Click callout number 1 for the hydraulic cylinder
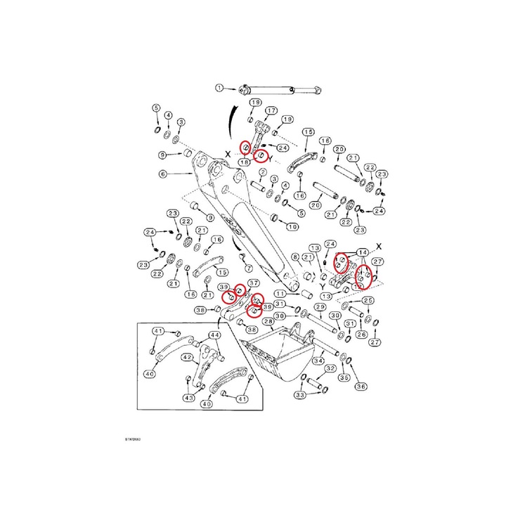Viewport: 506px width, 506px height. coord(219,88)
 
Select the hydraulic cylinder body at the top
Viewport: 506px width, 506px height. coord(281,89)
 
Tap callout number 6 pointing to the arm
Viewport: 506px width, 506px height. coord(162,174)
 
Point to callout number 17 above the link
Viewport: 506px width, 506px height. coord(271,110)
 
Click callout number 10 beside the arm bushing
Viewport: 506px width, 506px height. coord(292,226)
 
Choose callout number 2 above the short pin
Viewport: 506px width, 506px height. coord(261,172)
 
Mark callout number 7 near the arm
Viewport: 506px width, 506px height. coord(247,268)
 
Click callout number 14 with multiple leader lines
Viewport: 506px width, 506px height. coord(363,252)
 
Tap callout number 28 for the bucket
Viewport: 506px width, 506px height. coord(268,322)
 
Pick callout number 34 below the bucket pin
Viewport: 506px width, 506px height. coord(318,361)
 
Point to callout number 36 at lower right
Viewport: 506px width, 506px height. coord(361,386)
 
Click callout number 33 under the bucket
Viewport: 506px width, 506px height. coord(300,396)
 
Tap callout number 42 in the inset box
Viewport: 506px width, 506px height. coord(187,357)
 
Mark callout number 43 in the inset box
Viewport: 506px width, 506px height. coord(188,398)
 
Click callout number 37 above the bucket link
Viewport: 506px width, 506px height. coord(254,283)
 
